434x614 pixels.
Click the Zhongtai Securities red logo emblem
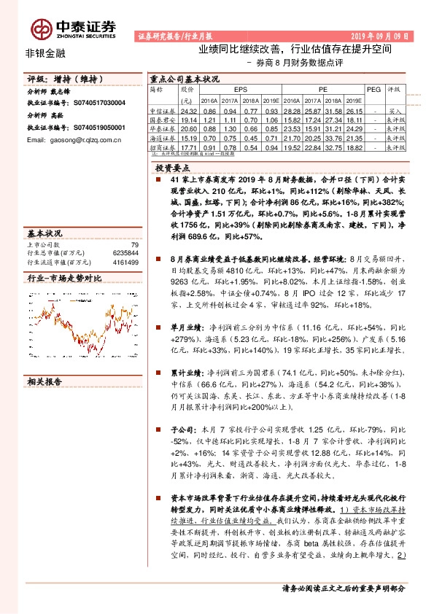coord(39,27)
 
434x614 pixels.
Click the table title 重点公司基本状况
coord(183,79)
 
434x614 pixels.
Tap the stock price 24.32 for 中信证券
coord(189,109)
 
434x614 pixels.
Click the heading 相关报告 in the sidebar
coord(44,381)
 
